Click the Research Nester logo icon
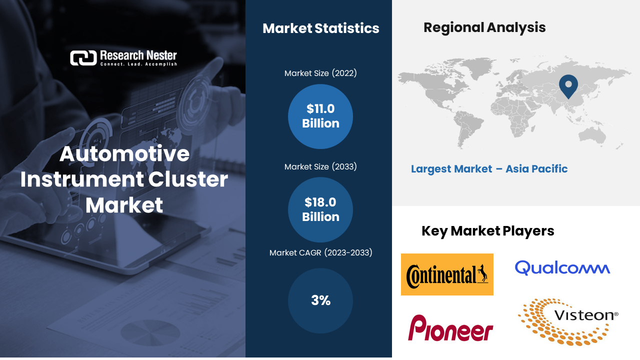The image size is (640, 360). (x=82, y=58)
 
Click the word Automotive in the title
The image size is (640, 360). (x=124, y=154)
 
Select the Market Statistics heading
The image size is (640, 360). (x=320, y=28)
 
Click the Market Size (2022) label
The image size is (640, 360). (x=320, y=73)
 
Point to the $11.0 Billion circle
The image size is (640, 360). (x=320, y=116)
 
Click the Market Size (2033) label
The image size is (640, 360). (x=320, y=166)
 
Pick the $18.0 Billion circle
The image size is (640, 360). (x=320, y=210)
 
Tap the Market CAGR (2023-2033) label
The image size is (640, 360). (x=320, y=253)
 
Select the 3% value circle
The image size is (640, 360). (x=320, y=300)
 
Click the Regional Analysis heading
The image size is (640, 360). (x=484, y=27)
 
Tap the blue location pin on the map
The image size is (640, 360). (x=568, y=85)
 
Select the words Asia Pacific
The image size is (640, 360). (x=536, y=169)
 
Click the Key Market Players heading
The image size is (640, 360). (x=487, y=231)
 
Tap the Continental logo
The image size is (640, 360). (x=447, y=274)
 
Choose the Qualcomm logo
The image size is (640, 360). (x=562, y=268)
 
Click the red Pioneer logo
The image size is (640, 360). (x=450, y=328)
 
